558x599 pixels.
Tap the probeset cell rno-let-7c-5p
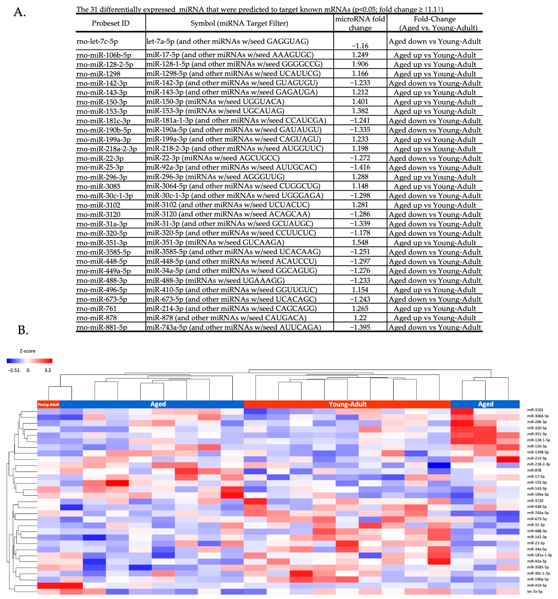tap(97, 42)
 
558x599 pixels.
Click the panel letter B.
tap(23, 330)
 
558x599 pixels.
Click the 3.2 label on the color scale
tap(48, 370)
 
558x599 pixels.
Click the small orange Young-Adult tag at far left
tap(48, 404)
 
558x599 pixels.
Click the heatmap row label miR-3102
tap(535, 410)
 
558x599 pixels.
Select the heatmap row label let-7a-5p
tap(534, 591)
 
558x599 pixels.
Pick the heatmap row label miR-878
tap(534, 470)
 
